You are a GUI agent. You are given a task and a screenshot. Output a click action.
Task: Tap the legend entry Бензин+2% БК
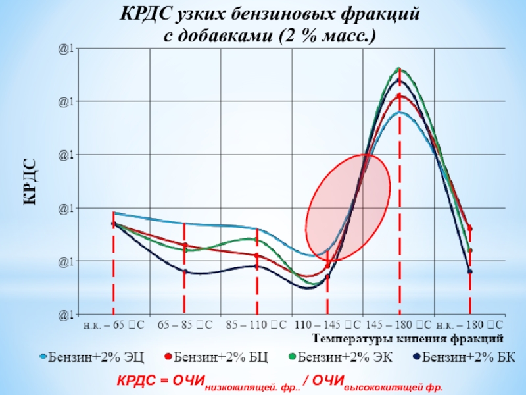[x=464, y=357]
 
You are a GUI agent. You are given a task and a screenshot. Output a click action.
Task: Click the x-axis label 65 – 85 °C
[x=185, y=325]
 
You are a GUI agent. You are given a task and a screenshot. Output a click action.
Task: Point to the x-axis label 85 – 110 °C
[x=256, y=325]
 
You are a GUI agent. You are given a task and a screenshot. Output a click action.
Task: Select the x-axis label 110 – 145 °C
[x=327, y=325]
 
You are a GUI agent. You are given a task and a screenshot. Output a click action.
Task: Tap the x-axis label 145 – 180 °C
[x=398, y=325]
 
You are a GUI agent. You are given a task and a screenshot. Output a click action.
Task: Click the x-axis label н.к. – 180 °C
[x=470, y=325]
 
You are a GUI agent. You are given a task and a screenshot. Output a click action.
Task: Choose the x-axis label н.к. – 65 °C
[x=113, y=325]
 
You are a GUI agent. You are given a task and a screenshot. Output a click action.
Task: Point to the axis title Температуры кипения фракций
[x=408, y=338]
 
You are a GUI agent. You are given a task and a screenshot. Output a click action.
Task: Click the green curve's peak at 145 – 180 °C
[x=399, y=68]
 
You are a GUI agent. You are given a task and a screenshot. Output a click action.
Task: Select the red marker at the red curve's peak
[x=399, y=97]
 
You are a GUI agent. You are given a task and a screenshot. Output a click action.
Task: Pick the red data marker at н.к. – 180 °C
[x=470, y=228]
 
